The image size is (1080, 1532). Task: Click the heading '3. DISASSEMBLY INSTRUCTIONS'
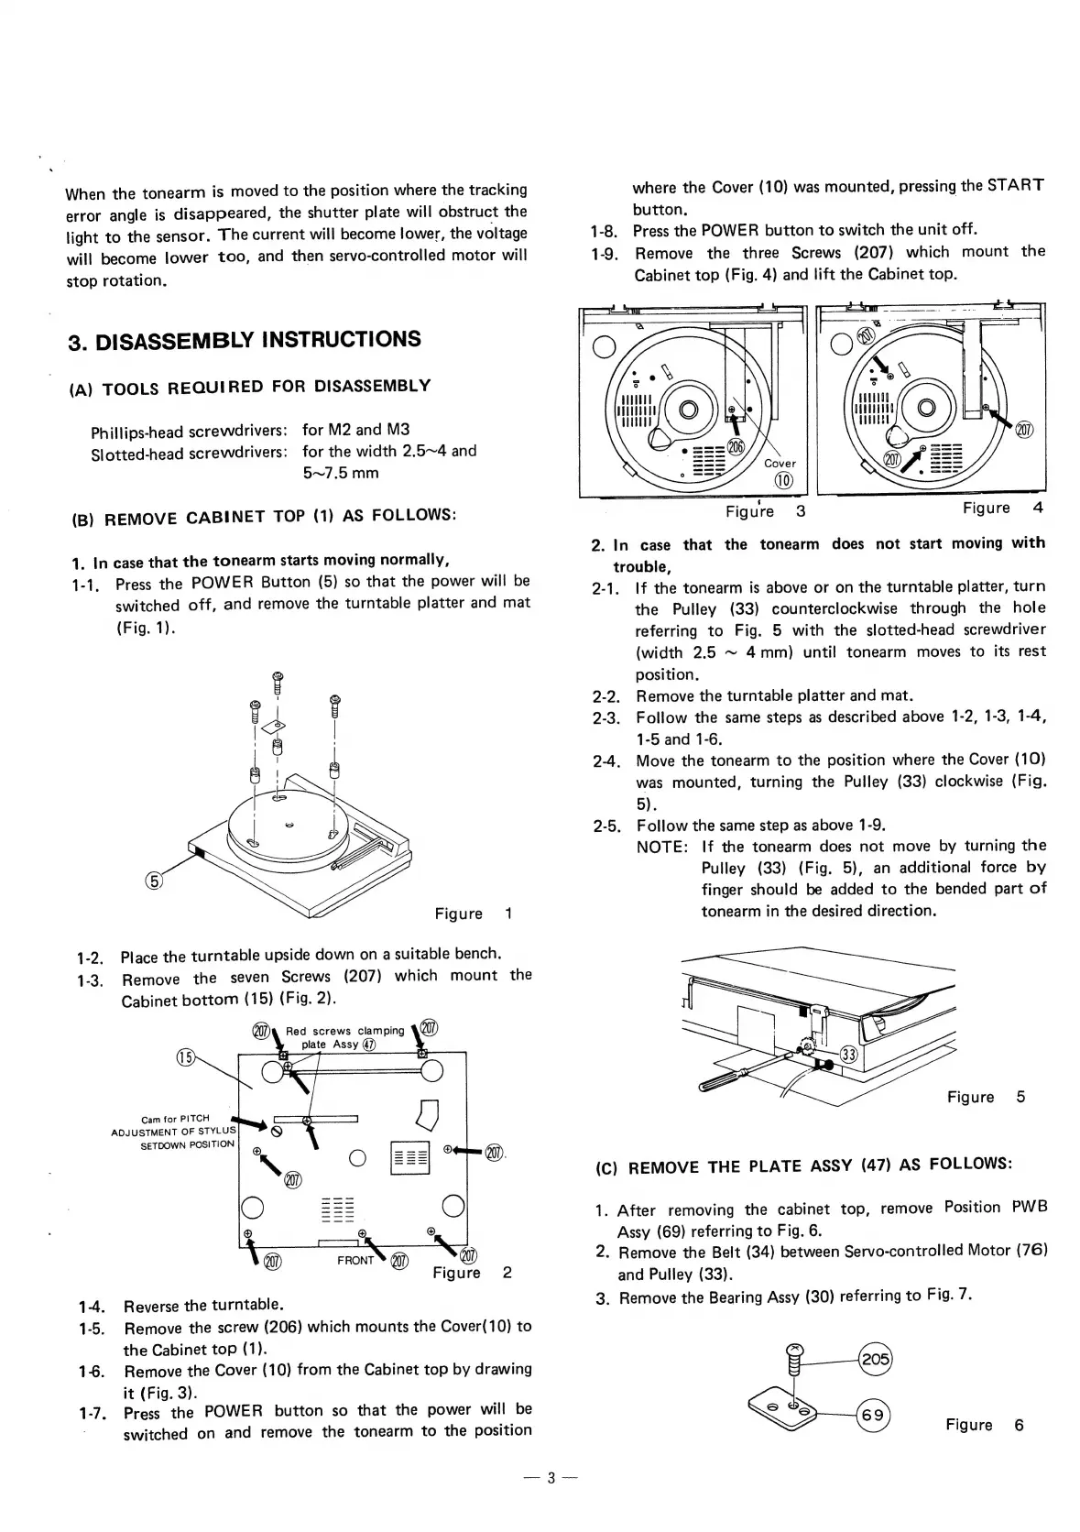pos(245,341)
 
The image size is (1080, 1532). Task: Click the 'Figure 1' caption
pos(473,914)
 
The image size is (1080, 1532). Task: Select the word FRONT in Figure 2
pos(355,1260)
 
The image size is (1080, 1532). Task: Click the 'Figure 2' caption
pos(472,1273)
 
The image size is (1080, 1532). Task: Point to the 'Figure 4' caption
pos(1002,508)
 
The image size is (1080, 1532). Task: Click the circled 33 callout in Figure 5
pos(849,1055)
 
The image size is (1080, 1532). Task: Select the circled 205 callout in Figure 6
pos(875,1359)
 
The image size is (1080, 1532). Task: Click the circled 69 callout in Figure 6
pos(874,1416)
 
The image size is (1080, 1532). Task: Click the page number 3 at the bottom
pos(551,1477)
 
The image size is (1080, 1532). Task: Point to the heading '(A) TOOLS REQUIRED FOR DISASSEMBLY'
pos(250,388)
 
